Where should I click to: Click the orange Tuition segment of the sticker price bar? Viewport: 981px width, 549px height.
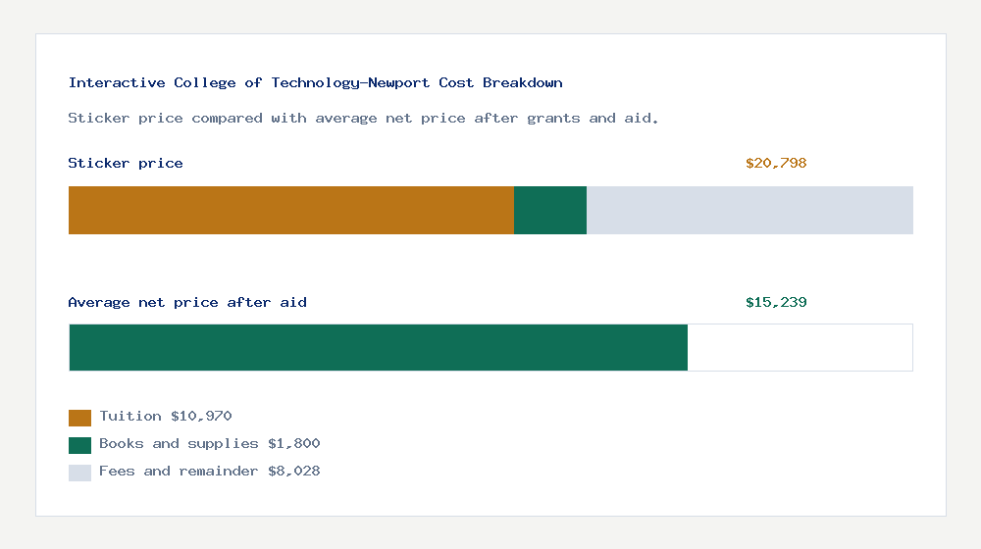coord(290,210)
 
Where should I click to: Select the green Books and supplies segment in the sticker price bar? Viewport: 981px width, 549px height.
coord(550,210)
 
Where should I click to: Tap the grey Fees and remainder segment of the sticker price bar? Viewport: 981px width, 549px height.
coord(749,210)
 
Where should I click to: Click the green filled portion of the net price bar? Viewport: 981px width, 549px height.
coord(378,347)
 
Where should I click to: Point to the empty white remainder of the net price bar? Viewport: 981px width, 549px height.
coord(800,347)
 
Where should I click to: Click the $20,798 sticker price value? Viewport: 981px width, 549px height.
coord(776,164)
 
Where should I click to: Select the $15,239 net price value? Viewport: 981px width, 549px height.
coord(776,303)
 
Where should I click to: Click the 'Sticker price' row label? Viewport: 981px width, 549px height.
coord(126,164)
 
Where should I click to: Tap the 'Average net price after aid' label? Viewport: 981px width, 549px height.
coord(187,303)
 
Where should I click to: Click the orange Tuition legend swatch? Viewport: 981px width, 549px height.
coord(79,418)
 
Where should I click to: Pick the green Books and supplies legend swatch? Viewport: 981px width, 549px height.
coord(79,445)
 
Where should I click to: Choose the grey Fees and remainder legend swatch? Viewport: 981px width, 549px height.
coord(79,473)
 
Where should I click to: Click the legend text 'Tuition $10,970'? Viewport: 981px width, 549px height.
coord(166,417)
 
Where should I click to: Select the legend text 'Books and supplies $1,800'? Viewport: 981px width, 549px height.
coord(210,444)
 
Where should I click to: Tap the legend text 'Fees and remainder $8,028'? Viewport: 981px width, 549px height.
coord(210,472)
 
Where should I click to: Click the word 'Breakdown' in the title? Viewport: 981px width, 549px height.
coord(523,83)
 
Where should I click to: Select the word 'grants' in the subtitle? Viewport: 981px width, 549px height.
coord(553,119)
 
